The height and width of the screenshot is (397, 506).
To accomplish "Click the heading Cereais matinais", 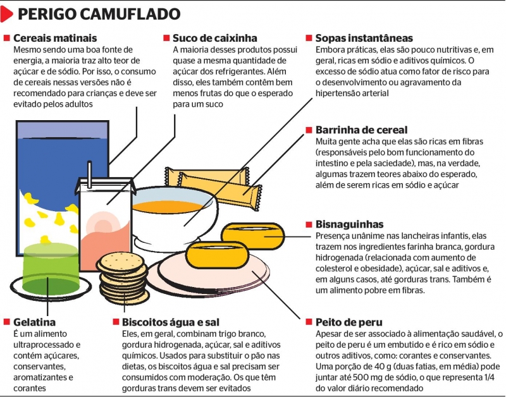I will tap(55, 38).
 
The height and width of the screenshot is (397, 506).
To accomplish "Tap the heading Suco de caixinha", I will tap(215, 38).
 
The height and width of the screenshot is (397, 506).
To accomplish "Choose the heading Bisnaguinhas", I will tap(349, 224).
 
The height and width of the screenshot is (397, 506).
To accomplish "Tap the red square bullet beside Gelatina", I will tap(7, 322).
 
